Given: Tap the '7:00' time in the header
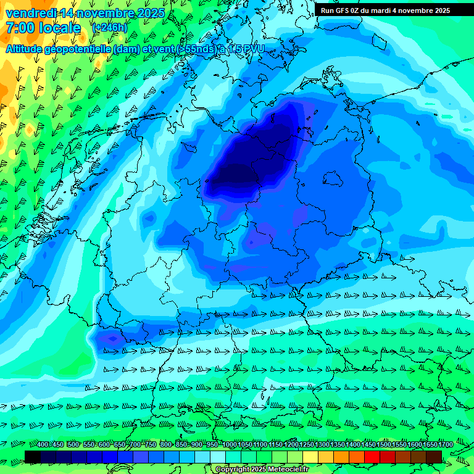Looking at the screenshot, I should [19, 28].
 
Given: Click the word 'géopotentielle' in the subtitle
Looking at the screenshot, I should [78, 49].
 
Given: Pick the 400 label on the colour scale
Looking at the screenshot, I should [43, 444].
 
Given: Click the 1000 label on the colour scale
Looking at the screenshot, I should [230, 444].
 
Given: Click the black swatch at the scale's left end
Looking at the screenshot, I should [33, 456].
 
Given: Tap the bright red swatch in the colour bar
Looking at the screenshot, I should [372, 456].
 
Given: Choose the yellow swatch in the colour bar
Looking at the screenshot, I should [310, 456].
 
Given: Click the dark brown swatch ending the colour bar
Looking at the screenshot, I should [434, 456].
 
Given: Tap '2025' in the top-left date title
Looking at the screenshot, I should [151, 13].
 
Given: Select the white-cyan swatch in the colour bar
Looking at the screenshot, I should [218, 456].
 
